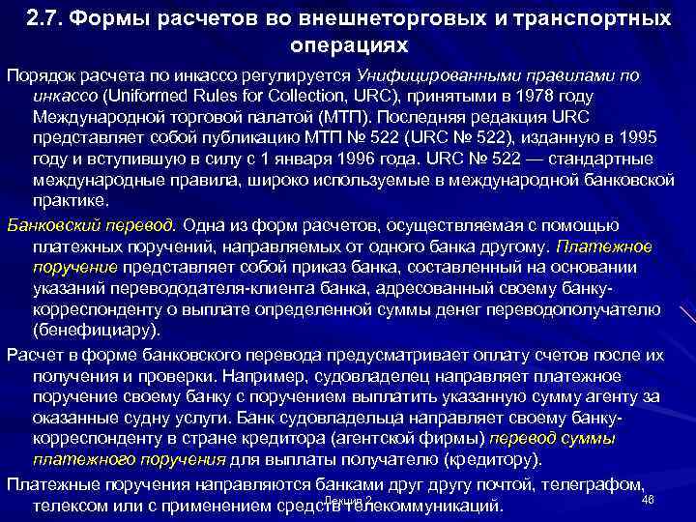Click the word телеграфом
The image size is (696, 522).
(594, 483)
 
